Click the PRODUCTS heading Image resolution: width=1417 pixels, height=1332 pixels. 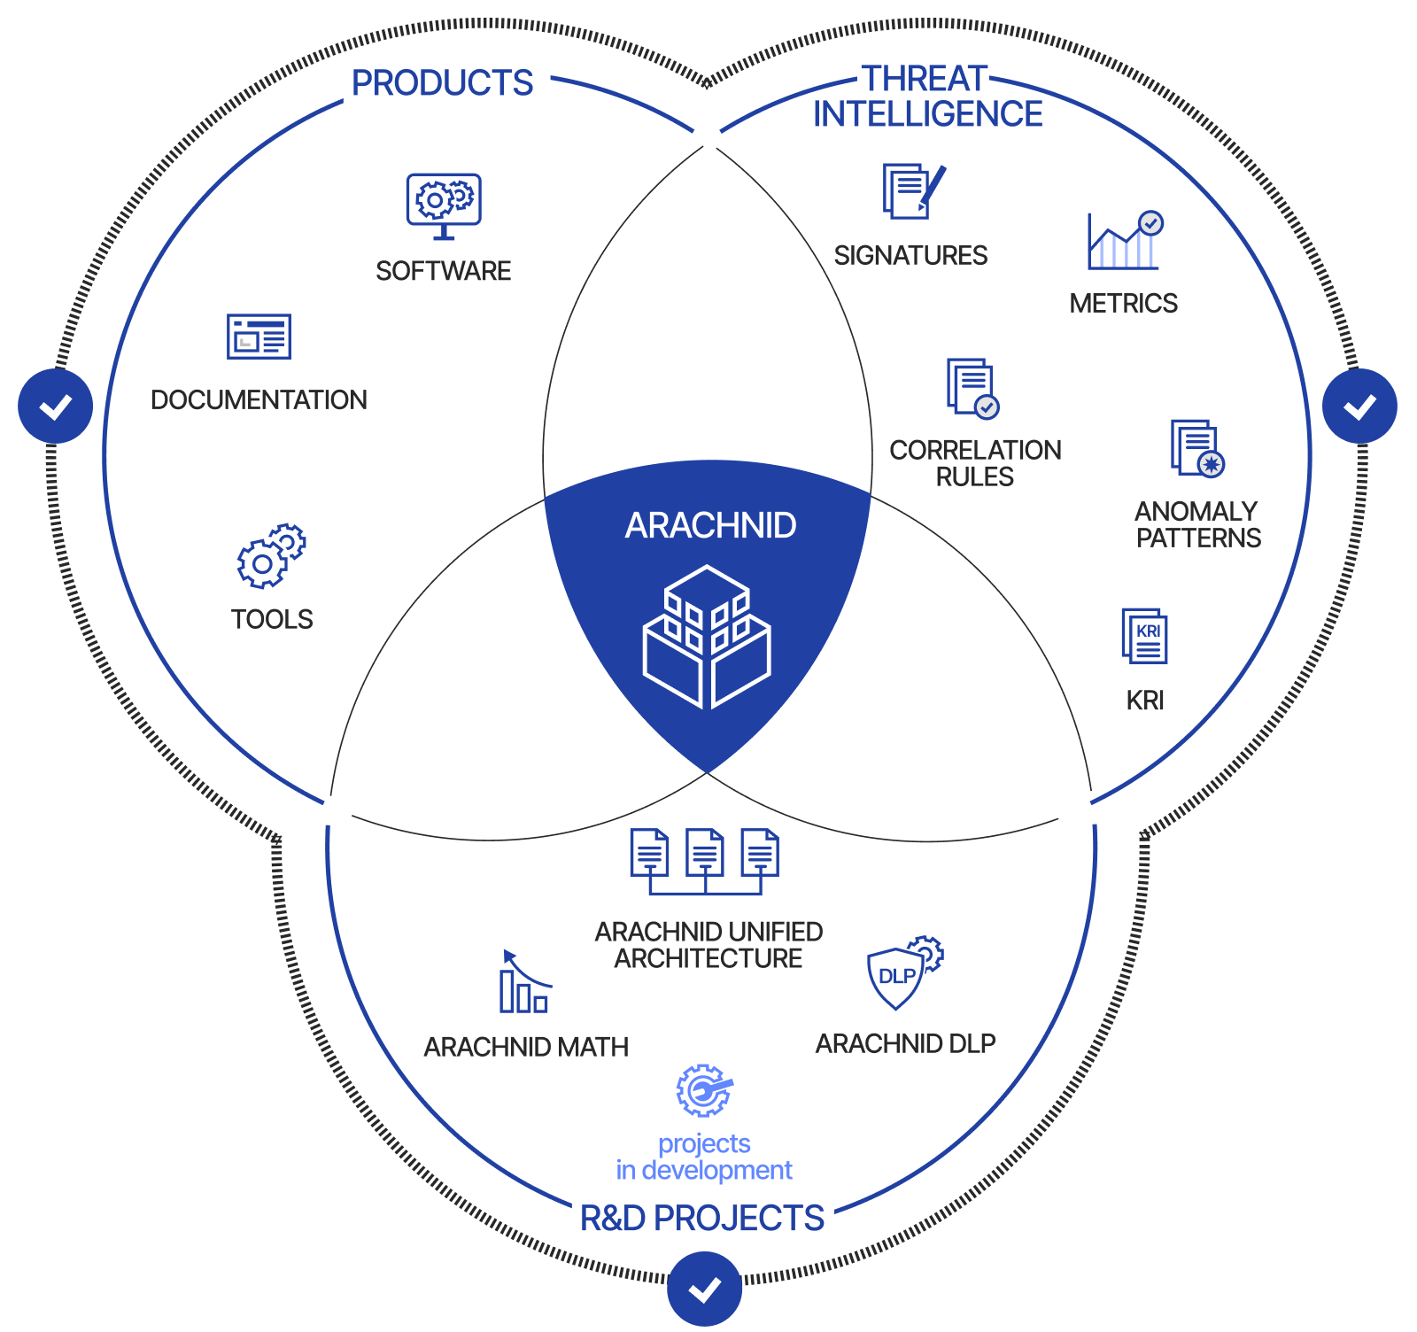[442, 83]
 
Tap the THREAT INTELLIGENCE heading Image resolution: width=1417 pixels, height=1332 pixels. [927, 97]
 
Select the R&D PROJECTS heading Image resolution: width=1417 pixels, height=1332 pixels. [702, 1218]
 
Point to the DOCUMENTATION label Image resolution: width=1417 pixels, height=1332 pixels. [259, 399]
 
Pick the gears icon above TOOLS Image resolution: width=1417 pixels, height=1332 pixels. [271, 555]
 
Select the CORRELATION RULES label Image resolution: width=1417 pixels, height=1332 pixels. [975, 463]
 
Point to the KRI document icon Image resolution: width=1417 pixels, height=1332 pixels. [1144, 636]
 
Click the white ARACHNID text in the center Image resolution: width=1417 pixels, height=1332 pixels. [710, 525]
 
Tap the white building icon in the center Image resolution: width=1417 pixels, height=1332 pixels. [707, 637]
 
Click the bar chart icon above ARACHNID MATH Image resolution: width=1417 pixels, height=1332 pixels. [525, 981]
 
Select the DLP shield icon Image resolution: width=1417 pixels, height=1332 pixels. [905, 972]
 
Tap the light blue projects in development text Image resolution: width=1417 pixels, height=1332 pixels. [704, 1157]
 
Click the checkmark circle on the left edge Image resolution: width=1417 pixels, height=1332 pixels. [56, 407]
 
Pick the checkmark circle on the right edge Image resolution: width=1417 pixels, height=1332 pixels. [1359, 407]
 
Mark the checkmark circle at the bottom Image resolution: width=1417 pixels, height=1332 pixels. [705, 1289]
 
